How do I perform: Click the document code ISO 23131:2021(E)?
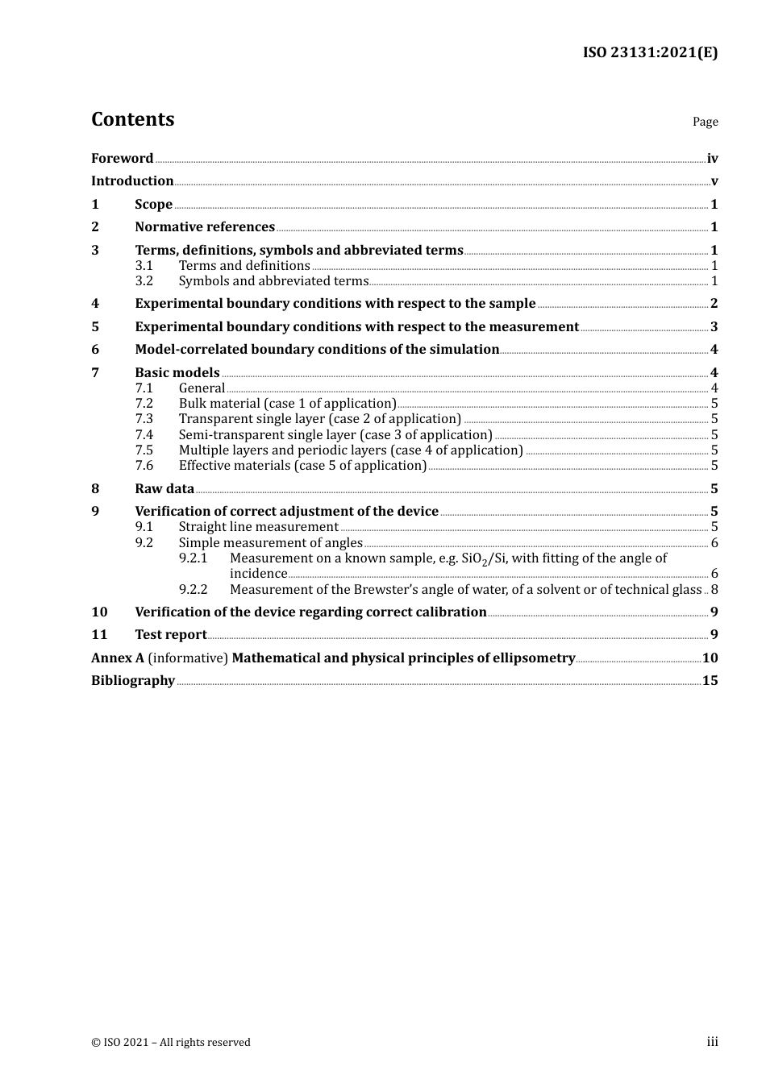pos(650,52)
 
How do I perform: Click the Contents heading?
pos(132,119)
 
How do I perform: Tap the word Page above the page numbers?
pos(705,122)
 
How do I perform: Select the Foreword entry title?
pos(122,159)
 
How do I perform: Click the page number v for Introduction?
pos(714,181)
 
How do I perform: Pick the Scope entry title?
pos(153,205)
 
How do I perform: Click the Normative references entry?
pos(205,227)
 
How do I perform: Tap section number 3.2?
pos(144,281)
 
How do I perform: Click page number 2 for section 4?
pos(714,304)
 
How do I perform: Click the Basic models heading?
pos(177,372)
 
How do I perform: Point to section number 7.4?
pos(144,435)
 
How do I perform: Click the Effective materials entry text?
pos(302,466)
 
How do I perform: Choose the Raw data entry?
pos(164,489)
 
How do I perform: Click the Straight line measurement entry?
pos(258,527)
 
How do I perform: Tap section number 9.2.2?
pos(193,590)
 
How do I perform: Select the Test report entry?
pos(170,635)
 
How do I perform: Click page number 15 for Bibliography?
pos(710,681)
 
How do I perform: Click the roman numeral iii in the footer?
pos(712,1042)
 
